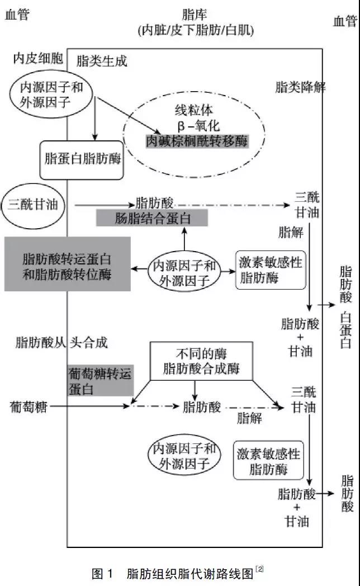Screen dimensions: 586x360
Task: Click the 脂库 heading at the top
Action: coord(195,15)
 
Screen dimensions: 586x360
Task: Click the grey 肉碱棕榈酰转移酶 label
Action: coord(196,141)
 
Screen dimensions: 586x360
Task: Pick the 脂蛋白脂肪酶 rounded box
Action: coord(82,160)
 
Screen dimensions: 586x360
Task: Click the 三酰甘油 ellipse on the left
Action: coord(33,205)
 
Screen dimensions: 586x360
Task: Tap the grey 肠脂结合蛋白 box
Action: coord(152,218)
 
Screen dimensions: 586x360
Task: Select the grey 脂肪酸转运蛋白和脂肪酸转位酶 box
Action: coord(67,264)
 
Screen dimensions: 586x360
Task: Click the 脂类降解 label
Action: coord(300,87)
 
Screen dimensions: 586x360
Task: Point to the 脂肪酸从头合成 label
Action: coord(61,342)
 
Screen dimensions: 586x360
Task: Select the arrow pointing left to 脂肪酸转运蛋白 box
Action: coord(139,270)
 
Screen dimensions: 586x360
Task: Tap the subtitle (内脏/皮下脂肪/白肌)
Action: coord(195,31)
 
